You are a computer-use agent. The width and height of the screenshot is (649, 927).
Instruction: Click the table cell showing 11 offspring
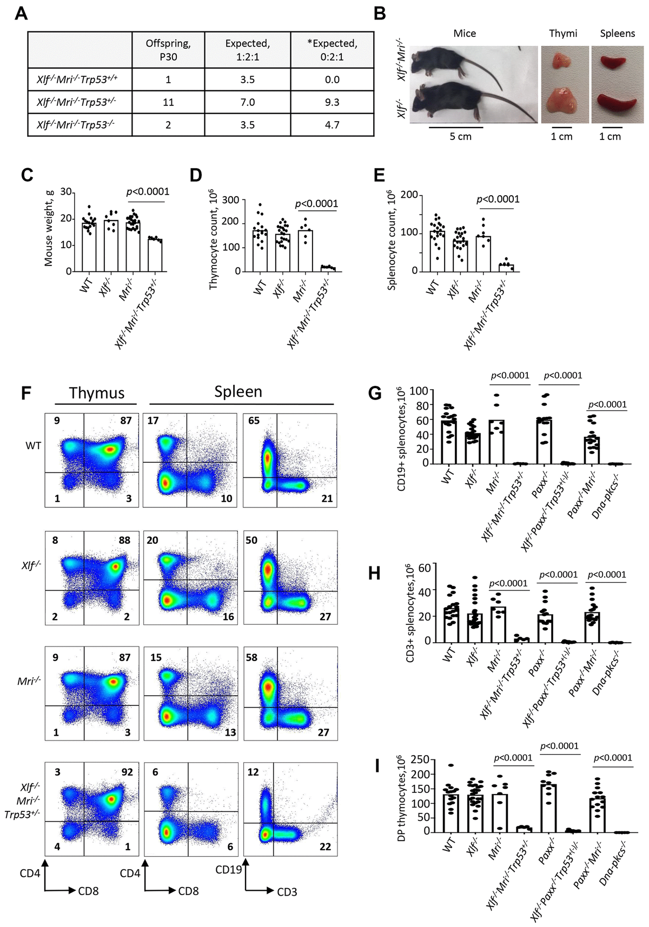168,102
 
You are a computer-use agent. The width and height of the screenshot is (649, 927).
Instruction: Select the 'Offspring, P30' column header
168,50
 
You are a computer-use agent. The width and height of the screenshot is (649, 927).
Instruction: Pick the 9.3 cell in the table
332,102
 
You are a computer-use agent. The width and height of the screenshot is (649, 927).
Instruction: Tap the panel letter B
380,13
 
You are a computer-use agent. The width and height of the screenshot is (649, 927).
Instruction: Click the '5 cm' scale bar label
460,137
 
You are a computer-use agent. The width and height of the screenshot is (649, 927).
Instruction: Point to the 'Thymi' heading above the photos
563,34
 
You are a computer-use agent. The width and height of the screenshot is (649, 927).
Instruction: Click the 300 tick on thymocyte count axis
231,200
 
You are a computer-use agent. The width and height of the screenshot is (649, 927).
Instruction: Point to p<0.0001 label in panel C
147,192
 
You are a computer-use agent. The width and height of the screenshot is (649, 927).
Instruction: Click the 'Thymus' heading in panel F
97,393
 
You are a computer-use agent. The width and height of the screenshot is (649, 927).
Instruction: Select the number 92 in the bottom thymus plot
127,772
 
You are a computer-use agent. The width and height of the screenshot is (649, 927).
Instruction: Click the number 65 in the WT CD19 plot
254,421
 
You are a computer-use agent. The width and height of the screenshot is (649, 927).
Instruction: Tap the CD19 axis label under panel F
228,870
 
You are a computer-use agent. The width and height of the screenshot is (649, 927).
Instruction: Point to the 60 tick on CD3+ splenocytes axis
424,567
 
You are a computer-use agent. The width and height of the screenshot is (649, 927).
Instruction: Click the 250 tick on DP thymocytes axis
420,759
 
